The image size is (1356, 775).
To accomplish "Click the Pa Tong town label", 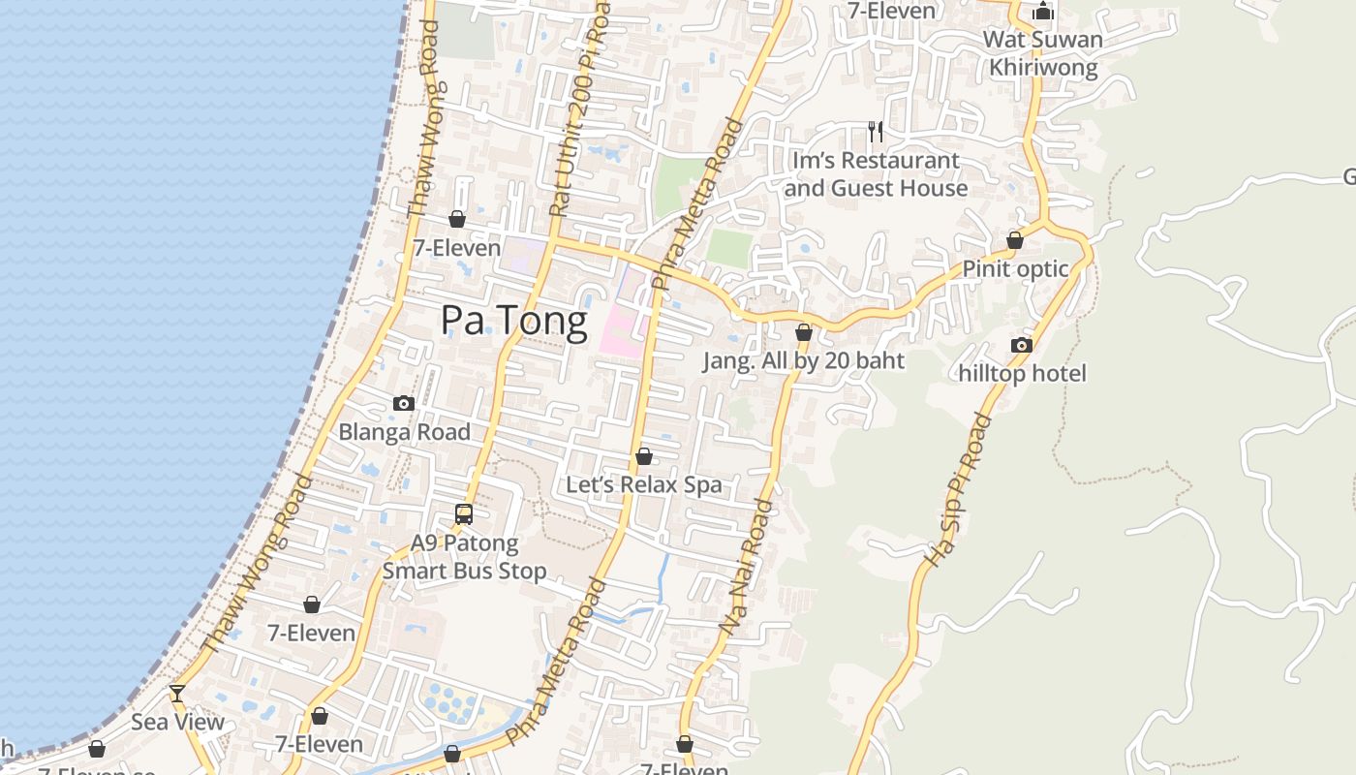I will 513,321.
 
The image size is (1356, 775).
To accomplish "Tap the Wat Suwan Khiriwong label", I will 1043,53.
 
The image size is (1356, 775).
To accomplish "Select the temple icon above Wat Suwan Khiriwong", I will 1043,11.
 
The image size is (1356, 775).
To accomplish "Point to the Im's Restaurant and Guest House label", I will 876,174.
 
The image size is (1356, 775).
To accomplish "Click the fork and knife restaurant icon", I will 876,131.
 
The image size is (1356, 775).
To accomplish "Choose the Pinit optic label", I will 1015,269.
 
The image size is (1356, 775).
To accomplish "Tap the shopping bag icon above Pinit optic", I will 1015,239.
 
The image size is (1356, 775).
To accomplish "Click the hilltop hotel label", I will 1022,373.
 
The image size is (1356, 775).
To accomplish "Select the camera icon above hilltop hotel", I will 1022,345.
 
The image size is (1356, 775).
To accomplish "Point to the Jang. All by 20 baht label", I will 803,360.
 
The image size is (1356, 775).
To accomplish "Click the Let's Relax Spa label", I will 643,484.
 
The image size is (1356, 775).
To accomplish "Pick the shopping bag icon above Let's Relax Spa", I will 643,456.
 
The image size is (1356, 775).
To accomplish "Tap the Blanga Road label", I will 404,432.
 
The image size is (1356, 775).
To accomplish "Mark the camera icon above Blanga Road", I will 404,403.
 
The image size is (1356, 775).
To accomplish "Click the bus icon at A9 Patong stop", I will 464,514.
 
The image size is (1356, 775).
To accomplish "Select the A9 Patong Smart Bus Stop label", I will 464,557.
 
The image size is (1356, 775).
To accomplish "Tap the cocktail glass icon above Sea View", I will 177,693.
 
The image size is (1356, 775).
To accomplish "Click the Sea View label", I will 177,722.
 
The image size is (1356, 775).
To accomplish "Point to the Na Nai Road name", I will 747,568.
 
